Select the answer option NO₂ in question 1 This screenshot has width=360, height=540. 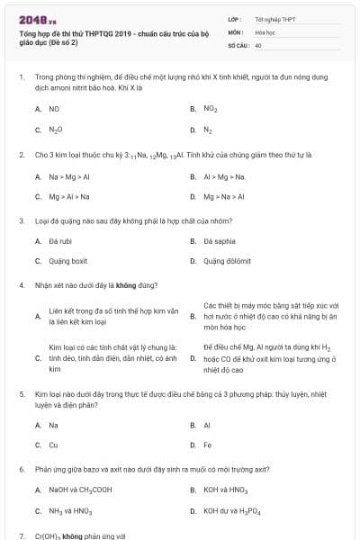tap(211, 108)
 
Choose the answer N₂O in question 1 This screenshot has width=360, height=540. tap(56, 130)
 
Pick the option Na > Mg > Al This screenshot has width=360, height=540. tap(67, 175)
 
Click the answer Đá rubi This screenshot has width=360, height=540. tap(59, 241)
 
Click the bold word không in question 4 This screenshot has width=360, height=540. tap(126, 285)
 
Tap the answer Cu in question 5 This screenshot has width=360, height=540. tap(53, 445)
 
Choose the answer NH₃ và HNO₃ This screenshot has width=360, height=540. tap(69, 511)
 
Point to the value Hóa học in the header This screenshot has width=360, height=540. tap(265, 31)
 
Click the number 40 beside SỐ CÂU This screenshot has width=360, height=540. tap(258, 44)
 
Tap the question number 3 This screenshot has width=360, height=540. tap(21, 220)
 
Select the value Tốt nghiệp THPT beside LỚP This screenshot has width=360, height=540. tap(275, 18)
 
